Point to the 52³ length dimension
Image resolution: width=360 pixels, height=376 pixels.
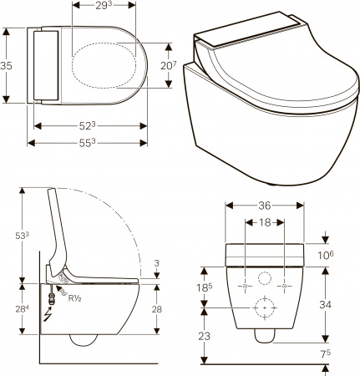pyautogui.click(x=86, y=125)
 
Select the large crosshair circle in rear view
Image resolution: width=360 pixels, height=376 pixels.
pyautogui.click(x=266, y=308)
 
